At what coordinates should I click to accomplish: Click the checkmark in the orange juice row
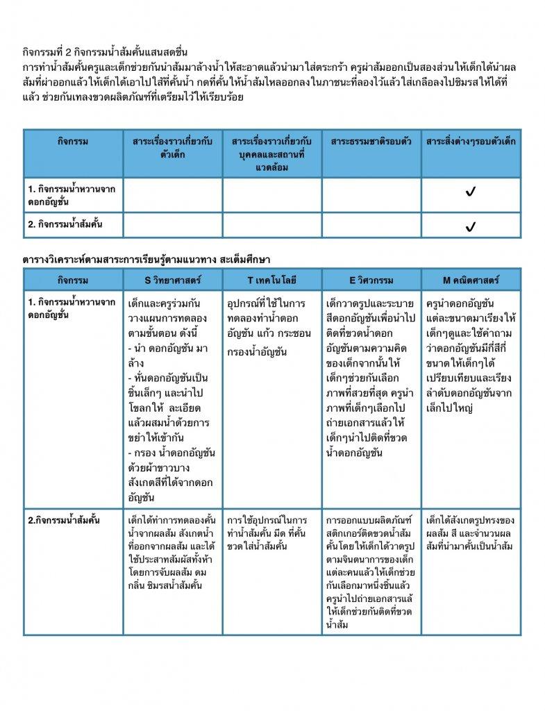471,226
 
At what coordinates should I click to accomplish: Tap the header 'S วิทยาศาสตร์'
173,281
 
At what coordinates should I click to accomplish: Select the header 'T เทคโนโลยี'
271,281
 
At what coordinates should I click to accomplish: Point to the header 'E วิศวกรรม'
371,281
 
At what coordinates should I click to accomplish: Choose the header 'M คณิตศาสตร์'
471,281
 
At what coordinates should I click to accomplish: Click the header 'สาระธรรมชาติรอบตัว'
371,142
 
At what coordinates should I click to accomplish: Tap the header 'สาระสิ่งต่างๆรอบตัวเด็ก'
471,142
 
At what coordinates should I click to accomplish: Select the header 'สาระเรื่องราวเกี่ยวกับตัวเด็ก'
173,148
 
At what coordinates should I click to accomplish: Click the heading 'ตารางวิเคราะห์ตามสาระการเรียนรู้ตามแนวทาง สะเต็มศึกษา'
146,258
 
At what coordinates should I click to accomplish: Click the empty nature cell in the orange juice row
371,226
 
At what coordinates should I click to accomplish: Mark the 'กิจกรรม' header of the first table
73,142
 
